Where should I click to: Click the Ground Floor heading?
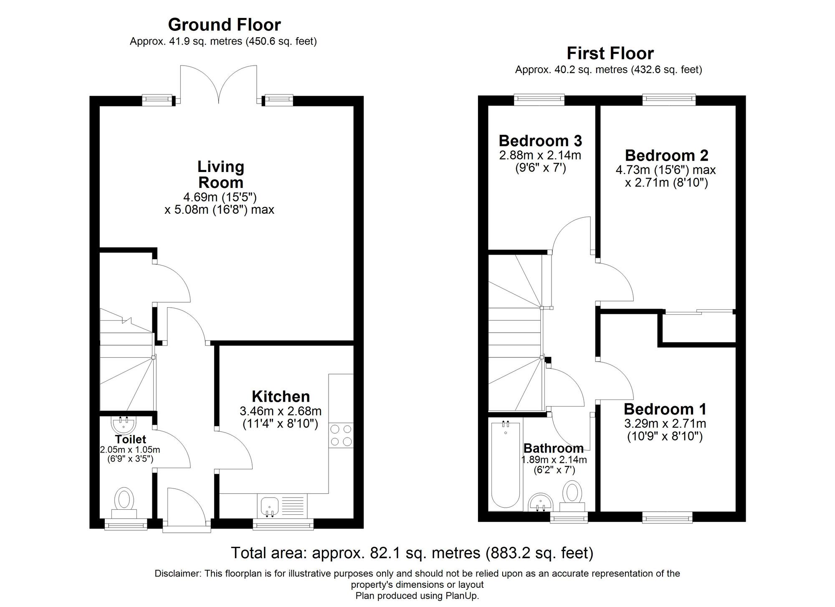point(224,25)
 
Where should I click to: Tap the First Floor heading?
point(610,53)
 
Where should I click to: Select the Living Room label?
point(221,175)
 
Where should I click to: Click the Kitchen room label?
point(281,396)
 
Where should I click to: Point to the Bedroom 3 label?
point(540,141)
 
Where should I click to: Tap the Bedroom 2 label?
point(666,155)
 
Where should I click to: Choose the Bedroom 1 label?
point(665,409)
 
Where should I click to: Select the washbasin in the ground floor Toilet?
point(124,424)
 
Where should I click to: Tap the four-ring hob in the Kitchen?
point(341,435)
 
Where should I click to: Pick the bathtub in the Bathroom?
point(506,466)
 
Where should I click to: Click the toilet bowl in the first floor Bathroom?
point(572,494)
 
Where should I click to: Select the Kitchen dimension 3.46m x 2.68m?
point(280,411)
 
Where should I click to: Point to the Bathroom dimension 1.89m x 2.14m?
point(554,460)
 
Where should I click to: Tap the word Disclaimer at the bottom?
point(177,574)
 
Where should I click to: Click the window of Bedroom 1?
point(667,518)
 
